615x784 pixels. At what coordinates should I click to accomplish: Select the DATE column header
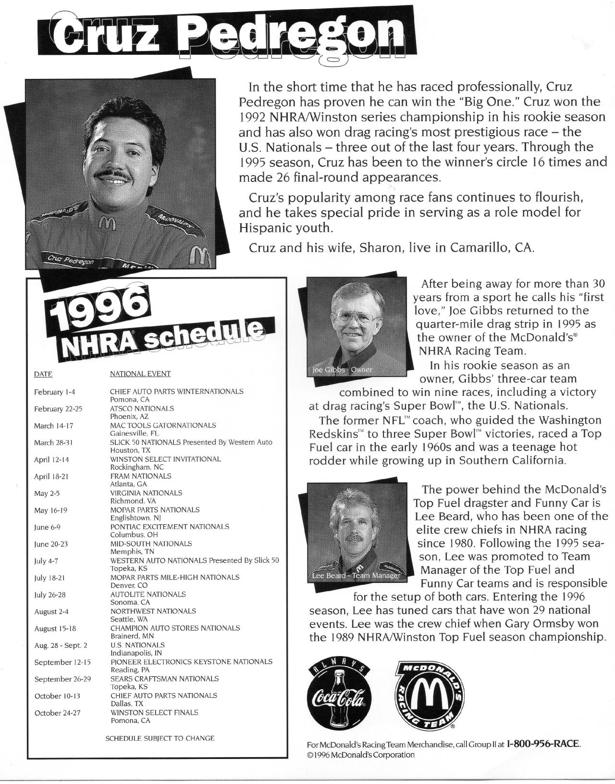[x=43, y=374]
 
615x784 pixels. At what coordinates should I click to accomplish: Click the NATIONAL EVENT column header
[x=140, y=374]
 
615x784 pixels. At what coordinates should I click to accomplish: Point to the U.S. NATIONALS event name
[x=137, y=645]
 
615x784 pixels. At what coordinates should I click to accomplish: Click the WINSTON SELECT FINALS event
[x=154, y=712]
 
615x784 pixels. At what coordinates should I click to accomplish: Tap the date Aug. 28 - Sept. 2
[x=61, y=645]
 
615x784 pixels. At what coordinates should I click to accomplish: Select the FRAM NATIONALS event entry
[x=141, y=476]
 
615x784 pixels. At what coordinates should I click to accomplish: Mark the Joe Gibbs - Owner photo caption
[x=342, y=370]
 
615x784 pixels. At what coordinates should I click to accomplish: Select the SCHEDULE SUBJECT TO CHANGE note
[x=160, y=738]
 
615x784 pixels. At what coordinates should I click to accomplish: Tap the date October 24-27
[x=57, y=713]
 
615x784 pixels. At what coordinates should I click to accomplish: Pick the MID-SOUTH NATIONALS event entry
[x=151, y=544]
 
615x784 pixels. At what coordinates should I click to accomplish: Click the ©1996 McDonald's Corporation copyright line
[x=360, y=755]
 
